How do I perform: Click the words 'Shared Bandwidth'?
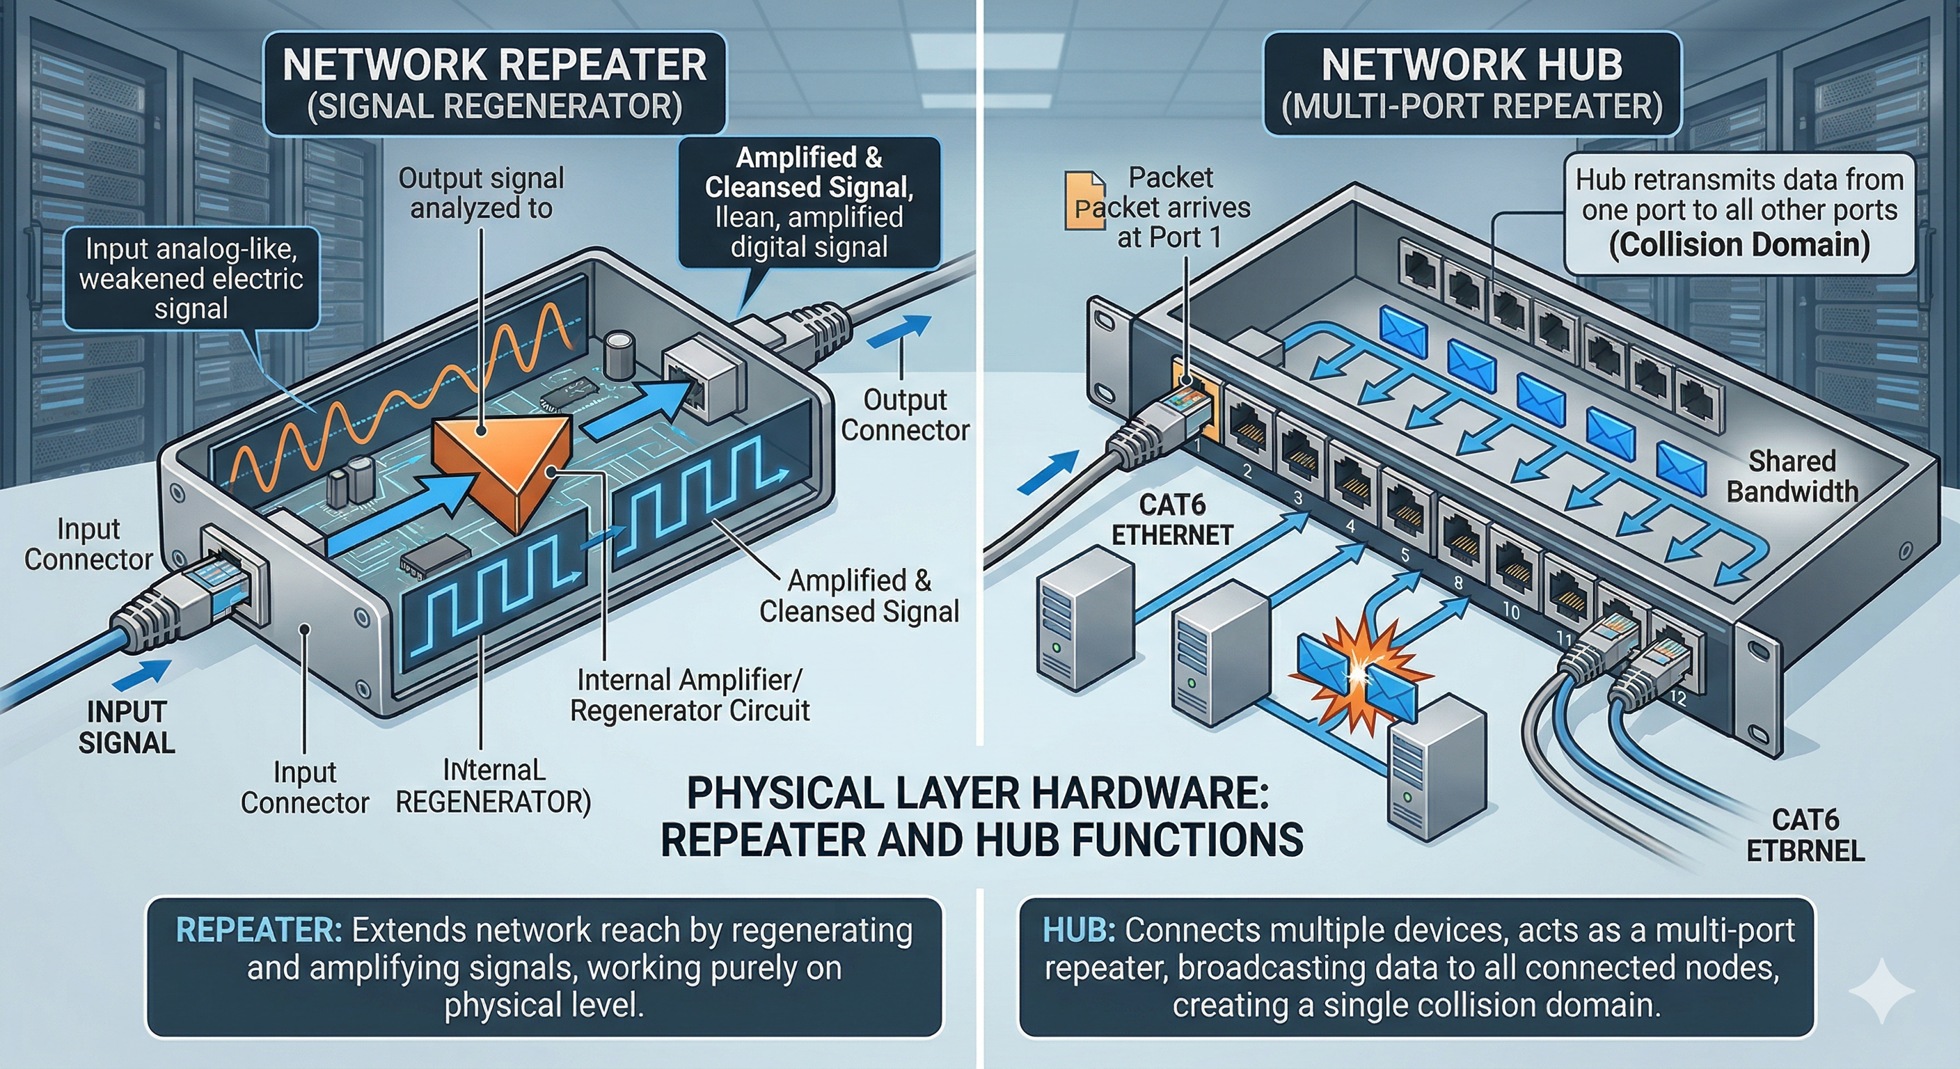click(1792, 476)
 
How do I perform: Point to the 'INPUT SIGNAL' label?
click(126, 727)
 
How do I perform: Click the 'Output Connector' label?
click(905, 415)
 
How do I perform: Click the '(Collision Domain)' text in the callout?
click(1739, 245)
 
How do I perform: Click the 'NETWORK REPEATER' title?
click(495, 65)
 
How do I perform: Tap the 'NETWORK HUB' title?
click(1471, 65)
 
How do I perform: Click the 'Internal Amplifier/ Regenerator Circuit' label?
click(689, 695)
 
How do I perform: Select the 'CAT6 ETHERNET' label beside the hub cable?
click(1171, 520)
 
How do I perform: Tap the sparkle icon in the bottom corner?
click(1881, 990)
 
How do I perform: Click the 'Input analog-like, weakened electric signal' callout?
click(191, 278)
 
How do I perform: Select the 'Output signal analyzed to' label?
click(481, 193)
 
